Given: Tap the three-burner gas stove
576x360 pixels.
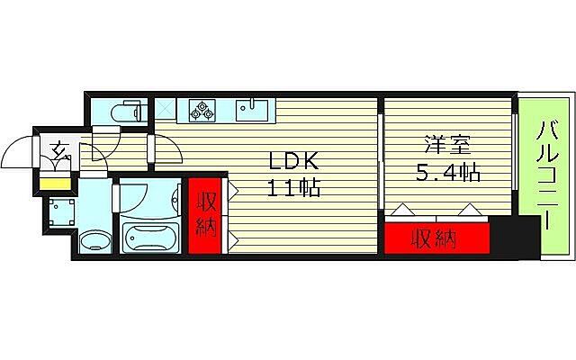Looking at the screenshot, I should [x=202, y=111].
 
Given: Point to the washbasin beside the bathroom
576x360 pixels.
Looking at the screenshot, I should [x=94, y=240].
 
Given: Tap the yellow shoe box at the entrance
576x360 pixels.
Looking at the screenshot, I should [x=54, y=184].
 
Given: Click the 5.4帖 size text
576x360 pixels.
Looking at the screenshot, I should [x=446, y=171].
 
